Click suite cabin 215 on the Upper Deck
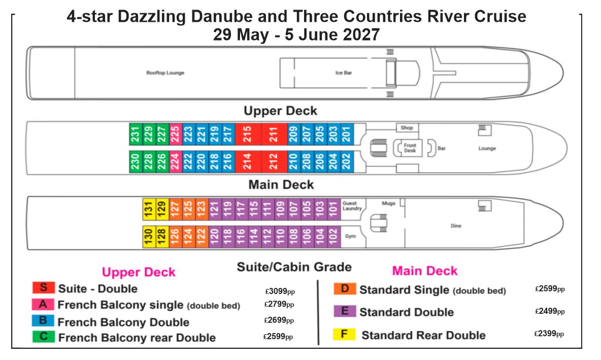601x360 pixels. [248, 134]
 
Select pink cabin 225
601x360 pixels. [175, 134]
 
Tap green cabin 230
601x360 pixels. [136, 161]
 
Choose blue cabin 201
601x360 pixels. [347, 134]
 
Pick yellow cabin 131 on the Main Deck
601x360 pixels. [149, 209]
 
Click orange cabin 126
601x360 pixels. [176, 237]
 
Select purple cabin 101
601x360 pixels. [334, 209]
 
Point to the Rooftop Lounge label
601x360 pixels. [165, 73]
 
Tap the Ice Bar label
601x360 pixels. [344, 73]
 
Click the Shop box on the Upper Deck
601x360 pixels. [407, 127]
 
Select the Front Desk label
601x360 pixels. [410, 148]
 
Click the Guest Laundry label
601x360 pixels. [352, 206]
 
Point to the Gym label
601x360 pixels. [350, 236]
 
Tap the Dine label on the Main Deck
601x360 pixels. [456, 226]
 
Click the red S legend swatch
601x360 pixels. [43, 287]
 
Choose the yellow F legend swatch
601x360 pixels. [344, 334]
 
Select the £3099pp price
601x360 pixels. [280, 291]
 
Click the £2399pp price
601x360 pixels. [549, 334]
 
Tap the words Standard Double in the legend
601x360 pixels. [406, 312]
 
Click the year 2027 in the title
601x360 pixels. [361, 35]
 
